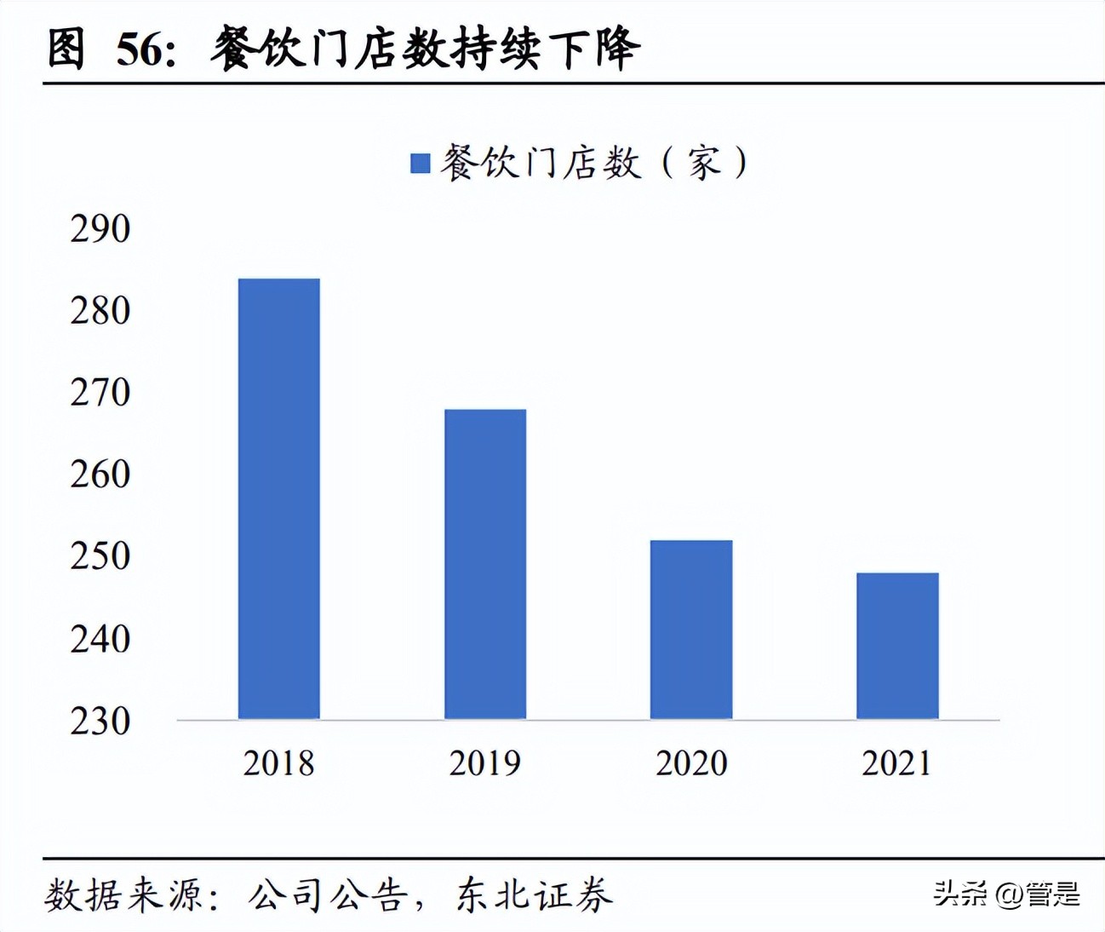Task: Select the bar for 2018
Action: pyautogui.click(x=278, y=498)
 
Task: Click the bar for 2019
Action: pyautogui.click(x=485, y=564)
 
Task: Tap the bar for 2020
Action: pyautogui.click(x=691, y=630)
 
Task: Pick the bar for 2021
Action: pyautogui.click(x=897, y=646)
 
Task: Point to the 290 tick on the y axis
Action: pyautogui.click(x=100, y=228)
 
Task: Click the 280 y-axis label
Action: pyautogui.click(x=100, y=310)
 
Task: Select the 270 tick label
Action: pyautogui.click(x=100, y=392)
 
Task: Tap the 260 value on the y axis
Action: pyautogui.click(x=100, y=474)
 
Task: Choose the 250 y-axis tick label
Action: pyautogui.click(x=100, y=555)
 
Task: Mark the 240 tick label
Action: pyautogui.click(x=100, y=638)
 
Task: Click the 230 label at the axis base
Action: pyautogui.click(x=100, y=721)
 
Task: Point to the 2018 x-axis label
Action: pyautogui.click(x=278, y=762)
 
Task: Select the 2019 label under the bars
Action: pyautogui.click(x=485, y=762)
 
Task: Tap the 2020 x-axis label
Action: pyautogui.click(x=691, y=762)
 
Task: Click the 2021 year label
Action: pyautogui.click(x=897, y=762)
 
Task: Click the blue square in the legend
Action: pyautogui.click(x=421, y=163)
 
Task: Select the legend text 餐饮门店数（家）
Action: pyautogui.click(x=594, y=162)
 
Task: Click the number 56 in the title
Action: pyautogui.click(x=139, y=49)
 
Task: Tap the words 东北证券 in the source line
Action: pyautogui.click(x=535, y=895)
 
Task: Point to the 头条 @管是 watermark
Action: pyautogui.click(x=1006, y=894)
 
